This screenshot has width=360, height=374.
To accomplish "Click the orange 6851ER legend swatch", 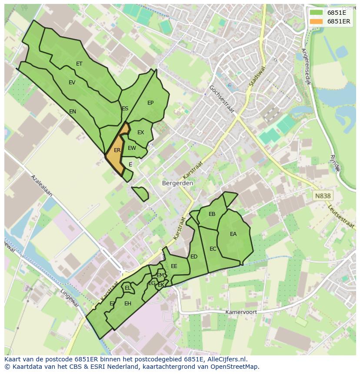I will pyautogui.click(x=317, y=21).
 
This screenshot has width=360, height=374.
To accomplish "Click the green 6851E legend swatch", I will pyautogui.click(x=317, y=13).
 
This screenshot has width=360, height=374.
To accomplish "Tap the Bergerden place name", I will pyautogui.click(x=177, y=183).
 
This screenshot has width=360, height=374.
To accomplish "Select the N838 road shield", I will pyautogui.click(x=323, y=196).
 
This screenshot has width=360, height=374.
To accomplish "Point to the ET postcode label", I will pyautogui.click(x=79, y=64).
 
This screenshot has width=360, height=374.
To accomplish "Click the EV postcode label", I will pyautogui.click(x=72, y=83).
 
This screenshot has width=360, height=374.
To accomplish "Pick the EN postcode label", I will pyautogui.click(x=73, y=112).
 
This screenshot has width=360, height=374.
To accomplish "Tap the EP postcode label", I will pyautogui.click(x=150, y=103).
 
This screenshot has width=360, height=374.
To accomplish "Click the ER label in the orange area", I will pyautogui.click(x=117, y=150).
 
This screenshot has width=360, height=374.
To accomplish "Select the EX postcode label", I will pyautogui.click(x=140, y=132).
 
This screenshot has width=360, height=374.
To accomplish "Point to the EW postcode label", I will pyautogui.click(x=132, y=148).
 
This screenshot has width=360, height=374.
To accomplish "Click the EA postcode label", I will pyautogui.click(x=233, y=234).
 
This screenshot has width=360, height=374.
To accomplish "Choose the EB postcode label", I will pyautogui.click(x=212, y=214).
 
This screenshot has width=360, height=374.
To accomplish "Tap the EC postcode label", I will pyautogui.click(x=213, y=249).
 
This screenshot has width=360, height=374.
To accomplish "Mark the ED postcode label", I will pyautogui.click(x=194, y=257).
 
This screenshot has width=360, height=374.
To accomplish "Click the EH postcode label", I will pyautogui.click(x=128, y=304).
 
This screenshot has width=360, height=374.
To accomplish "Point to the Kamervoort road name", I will pyautogui.click(x=241, y=312).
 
